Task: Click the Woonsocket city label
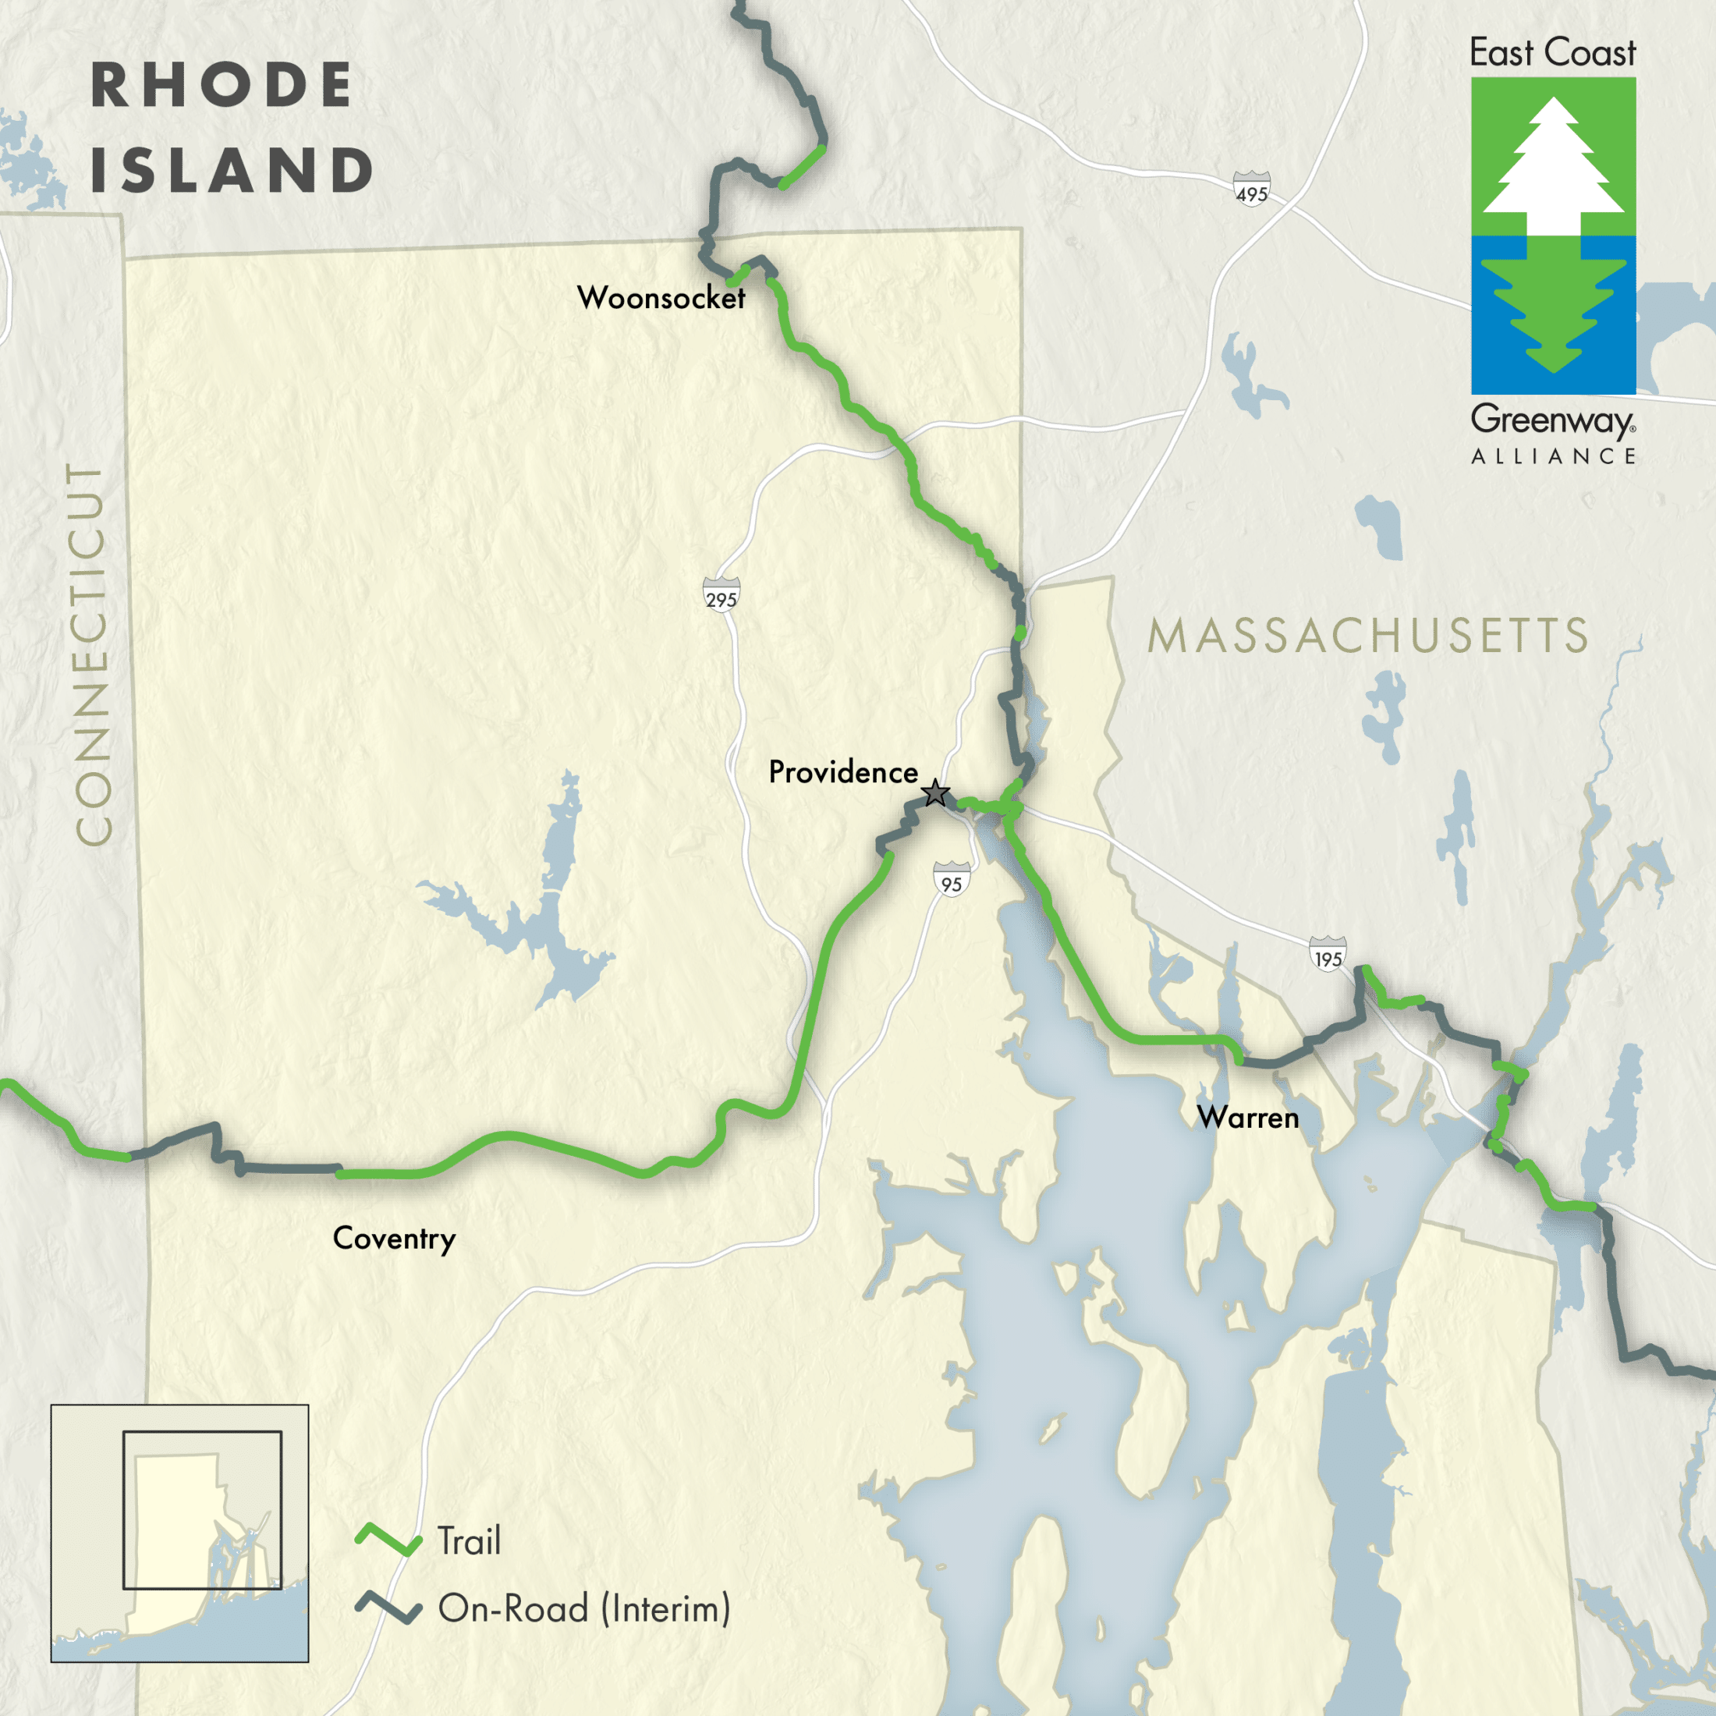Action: (x=661, y=297)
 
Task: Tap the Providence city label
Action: (x=843, y=772)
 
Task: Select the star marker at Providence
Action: (x=935, y=792)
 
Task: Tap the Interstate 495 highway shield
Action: (x=1251, y=190)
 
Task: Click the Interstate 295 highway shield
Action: (x=720, y=595)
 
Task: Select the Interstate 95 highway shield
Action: (x=952, y=879)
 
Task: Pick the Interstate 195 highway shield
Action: (x=1328, y=955)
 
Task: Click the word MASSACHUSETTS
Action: (x=1368, y=636)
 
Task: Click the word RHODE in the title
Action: (x=222, y=86)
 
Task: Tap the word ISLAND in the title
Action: (x=232, y=171)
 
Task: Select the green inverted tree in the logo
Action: (x=1554, y=311)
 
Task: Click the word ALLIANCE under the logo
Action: (x=1554, y=456)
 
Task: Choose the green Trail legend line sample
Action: (x=388, y=1539)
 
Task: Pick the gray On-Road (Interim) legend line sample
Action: (x=388, y=1608)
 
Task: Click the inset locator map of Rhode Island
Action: (x=179, y=1533)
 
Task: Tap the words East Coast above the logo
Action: (x=1552, y=53)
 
